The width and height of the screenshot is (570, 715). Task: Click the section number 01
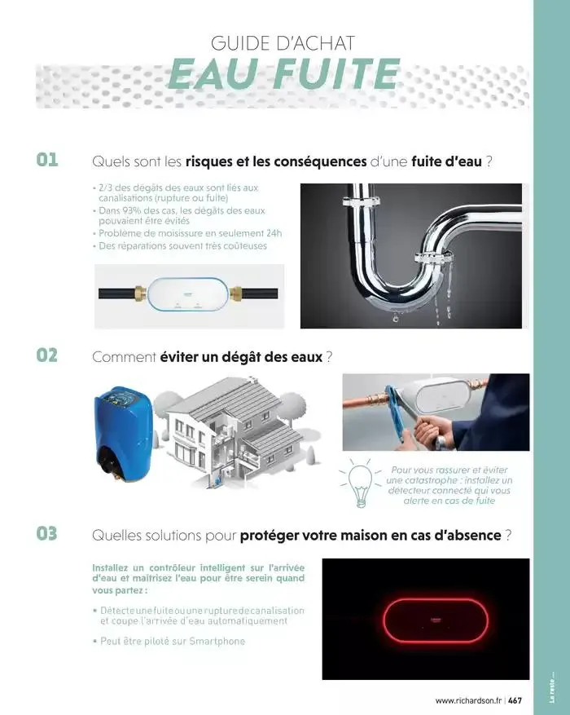(46, 160)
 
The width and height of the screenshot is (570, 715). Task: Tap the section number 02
(46, 355)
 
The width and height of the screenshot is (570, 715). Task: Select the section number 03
(46, 534)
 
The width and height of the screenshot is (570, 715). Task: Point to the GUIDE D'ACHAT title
(283, 43)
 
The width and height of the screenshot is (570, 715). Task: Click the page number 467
(515, 700)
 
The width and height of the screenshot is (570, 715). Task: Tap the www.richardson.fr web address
(468, 700)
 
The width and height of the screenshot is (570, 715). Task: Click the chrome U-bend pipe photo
(410, 255)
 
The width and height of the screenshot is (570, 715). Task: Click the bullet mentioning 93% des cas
(182, 215)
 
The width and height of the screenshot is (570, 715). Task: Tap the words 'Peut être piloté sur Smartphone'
(172, 641)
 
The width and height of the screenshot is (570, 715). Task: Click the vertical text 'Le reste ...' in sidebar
(552, 687)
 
